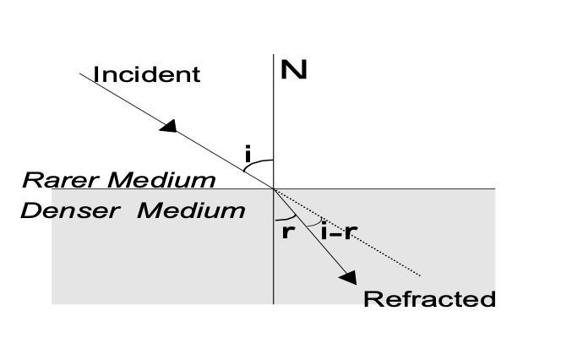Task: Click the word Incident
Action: point(147,74)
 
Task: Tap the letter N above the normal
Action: point(293,70)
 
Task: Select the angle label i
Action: point(248,155)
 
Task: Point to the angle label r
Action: point(288,231)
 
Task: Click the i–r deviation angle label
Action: point(336,231)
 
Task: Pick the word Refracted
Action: point(428,299)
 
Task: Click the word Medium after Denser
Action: point(192,210)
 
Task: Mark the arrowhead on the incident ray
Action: point(170,126)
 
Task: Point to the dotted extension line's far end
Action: point(420,275)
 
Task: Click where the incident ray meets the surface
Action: point(274,188)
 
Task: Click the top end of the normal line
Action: point(274,56)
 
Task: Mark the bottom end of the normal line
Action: point(274,303)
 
